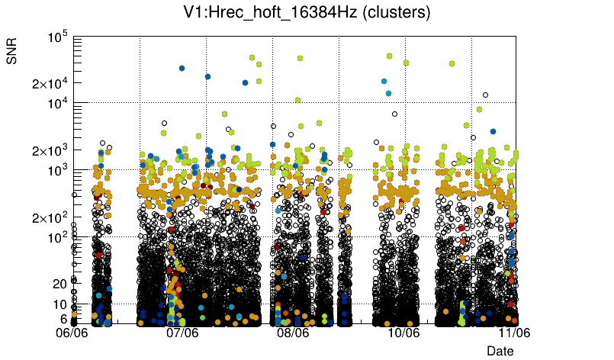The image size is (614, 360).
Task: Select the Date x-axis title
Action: [x=500, y=350]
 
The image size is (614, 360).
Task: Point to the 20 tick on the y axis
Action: [x=60, y=284]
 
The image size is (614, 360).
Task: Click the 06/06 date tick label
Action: [x=73, y=333]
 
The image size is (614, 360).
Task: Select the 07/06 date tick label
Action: [x=182, y=333]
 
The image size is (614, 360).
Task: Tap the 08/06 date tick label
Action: [x=293, y=333]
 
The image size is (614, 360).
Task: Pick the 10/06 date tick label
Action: [x=403, y=333]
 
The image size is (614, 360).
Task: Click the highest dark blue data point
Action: [x=182, y=68]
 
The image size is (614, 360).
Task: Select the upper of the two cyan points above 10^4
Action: [x=384, y=81]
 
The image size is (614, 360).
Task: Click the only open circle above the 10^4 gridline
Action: [x=485, y=95]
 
